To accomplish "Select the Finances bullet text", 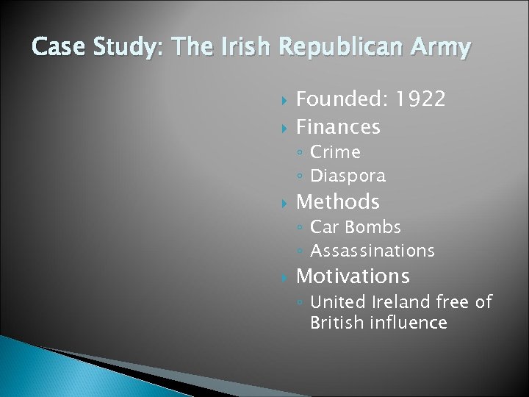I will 338,127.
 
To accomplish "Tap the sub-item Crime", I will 335,152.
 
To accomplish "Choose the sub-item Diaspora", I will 348,176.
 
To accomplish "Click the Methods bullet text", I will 338,201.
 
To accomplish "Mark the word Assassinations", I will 373,251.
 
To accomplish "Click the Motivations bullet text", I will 353,276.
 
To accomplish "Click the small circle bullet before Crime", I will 301,153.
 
